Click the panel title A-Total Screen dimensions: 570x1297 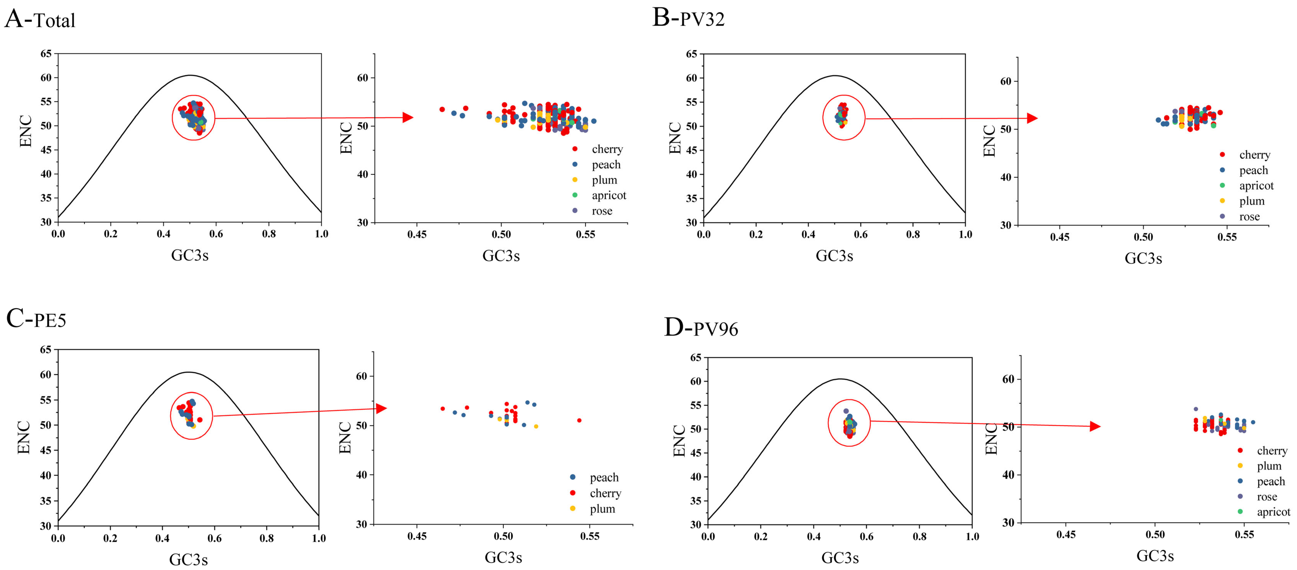point(40,19)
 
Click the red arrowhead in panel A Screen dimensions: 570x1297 point(408,118)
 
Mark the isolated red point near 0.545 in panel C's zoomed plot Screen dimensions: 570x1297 point(579,420)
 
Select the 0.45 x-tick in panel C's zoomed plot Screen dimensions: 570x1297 point(417,536)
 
